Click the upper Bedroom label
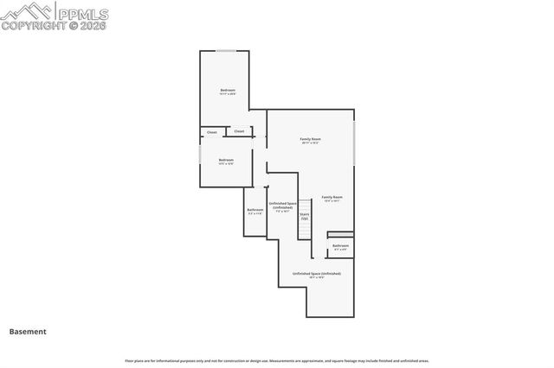click(x=228, y=91)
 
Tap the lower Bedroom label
click(x=226, y=160)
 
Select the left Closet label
click(x=212, y=132)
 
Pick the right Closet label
click(x=239, y=131)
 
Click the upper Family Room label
click(x=310, y=139)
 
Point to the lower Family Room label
click(x=332, y=197)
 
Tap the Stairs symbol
click(x=305, y=217)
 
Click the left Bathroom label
click(x=254, y=210)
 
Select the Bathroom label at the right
click(x=340, y=245)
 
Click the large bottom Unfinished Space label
click(x=316, y=273)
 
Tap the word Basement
click(x=28, y=331)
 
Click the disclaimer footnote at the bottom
click(x=277, y=360)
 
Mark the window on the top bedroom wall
click(x=227, y=51)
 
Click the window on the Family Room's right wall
click(x=354, y=142)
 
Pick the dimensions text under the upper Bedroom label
click(x=228, y=95)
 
